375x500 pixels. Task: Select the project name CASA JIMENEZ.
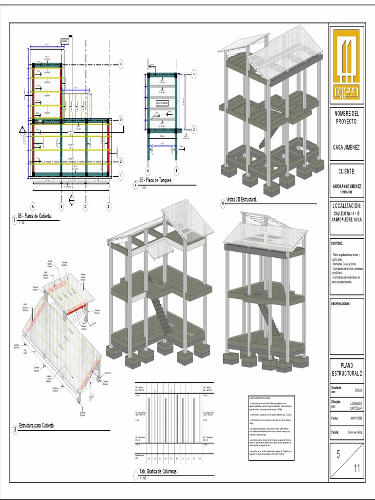pyautogui.click(x=347, y=146)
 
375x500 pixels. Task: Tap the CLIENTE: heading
pyautogui.click(x=347, y=171)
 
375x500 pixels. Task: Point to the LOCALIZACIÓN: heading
pyautogui.click(x=347, y=206)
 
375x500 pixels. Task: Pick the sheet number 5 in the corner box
pyautogui.click(x=338, y=455)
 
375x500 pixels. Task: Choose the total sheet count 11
pyautogui.click(x=357, y=469)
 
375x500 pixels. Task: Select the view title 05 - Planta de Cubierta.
pyautogui.click(x=35, y=215)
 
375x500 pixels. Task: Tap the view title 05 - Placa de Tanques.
pyautogui.click(x=156, y=180)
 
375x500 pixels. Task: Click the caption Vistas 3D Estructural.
pyautogui.click(x=242, y=200)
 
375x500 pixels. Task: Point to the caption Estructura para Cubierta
pyautogui.click(x=36, y=426)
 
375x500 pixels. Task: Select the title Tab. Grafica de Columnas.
pyautogui.click(x=158, y=472)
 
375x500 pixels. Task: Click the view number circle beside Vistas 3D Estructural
pyautogui.click(x=223, y=204)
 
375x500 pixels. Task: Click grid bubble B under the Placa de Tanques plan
pyautogui.click(x=176, y=171)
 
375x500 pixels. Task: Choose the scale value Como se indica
pyautogui.click(x=354, y=432)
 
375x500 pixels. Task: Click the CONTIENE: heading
pyautogui.click(x=337, y=243)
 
